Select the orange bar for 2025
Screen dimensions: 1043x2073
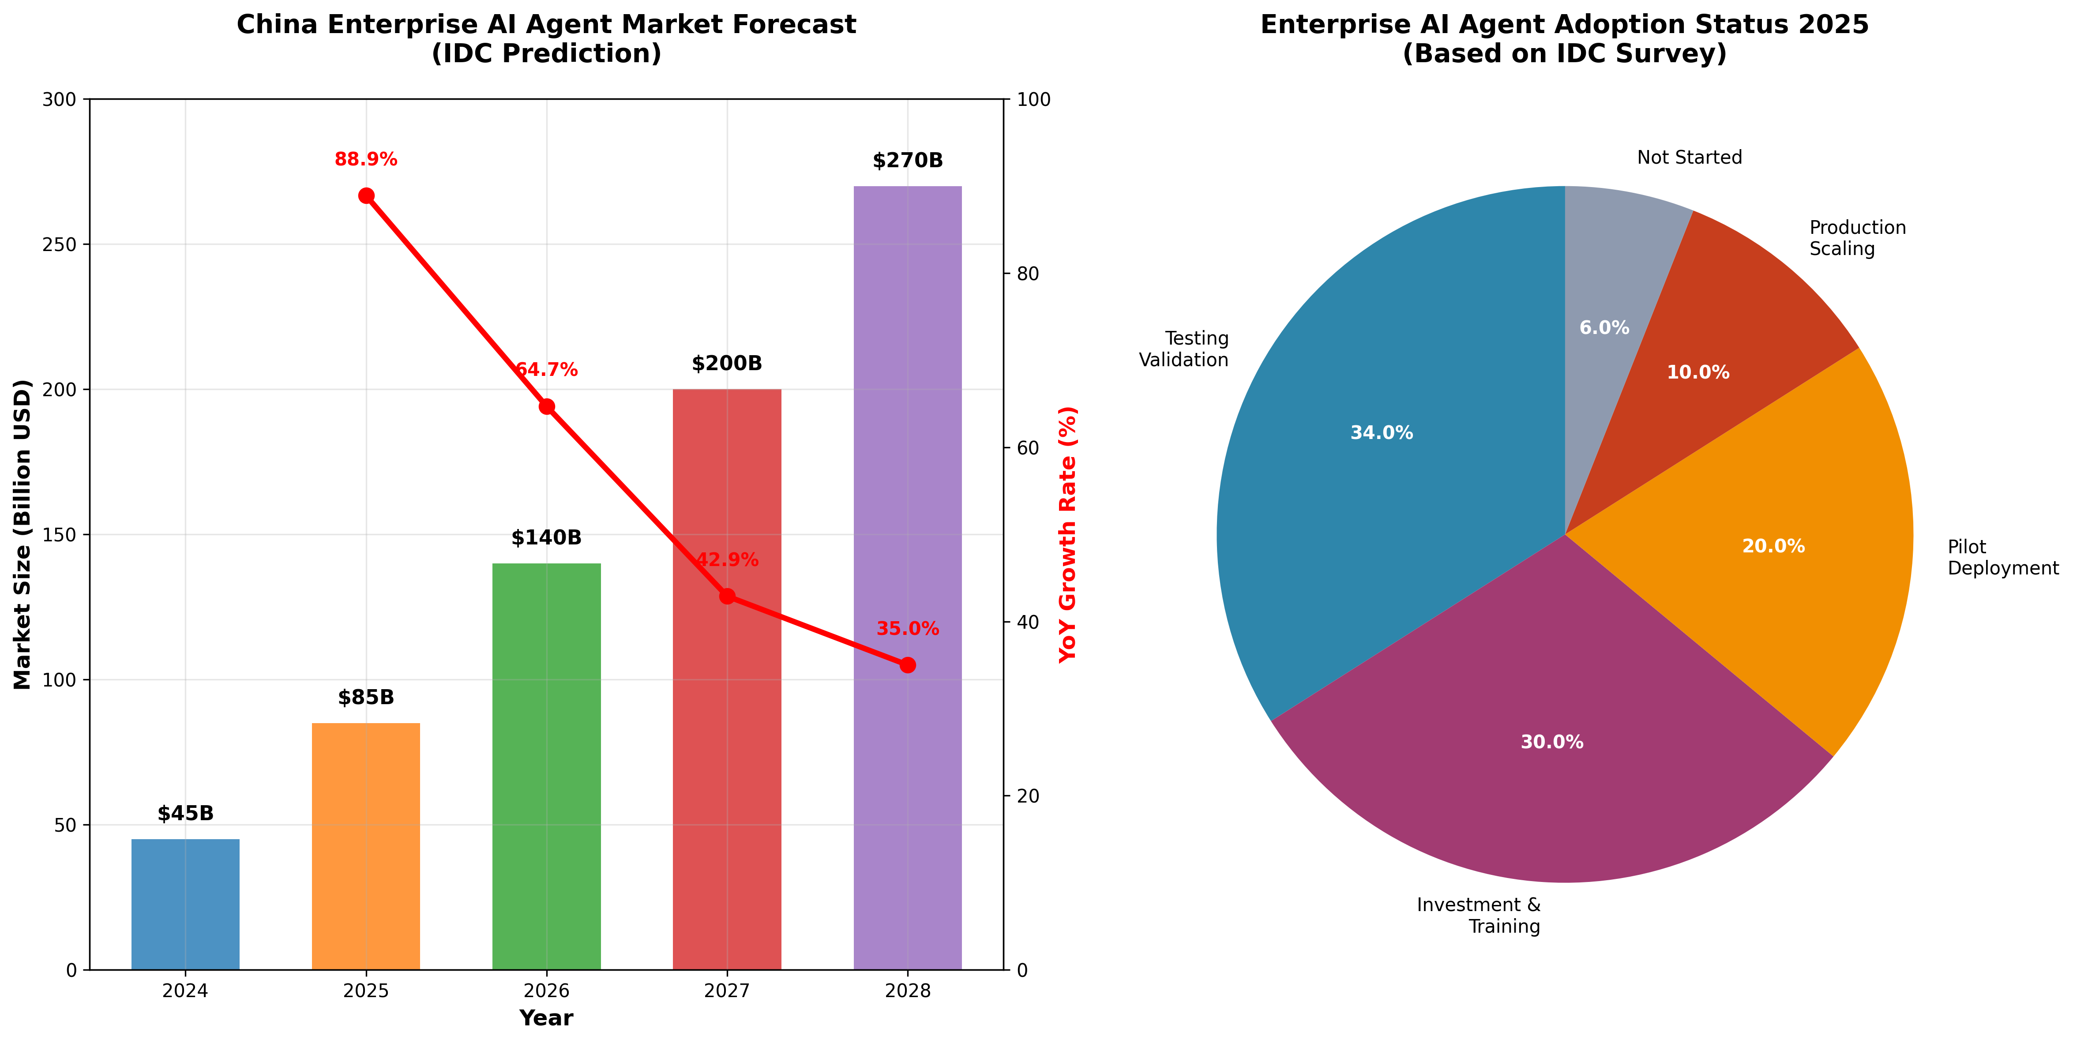click(366, 845)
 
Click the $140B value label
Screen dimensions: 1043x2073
click(546, 537)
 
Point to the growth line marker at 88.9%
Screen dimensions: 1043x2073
click(366, 195)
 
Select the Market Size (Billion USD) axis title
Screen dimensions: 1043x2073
click(23, 534)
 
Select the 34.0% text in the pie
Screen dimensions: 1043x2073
click(1381, 433)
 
